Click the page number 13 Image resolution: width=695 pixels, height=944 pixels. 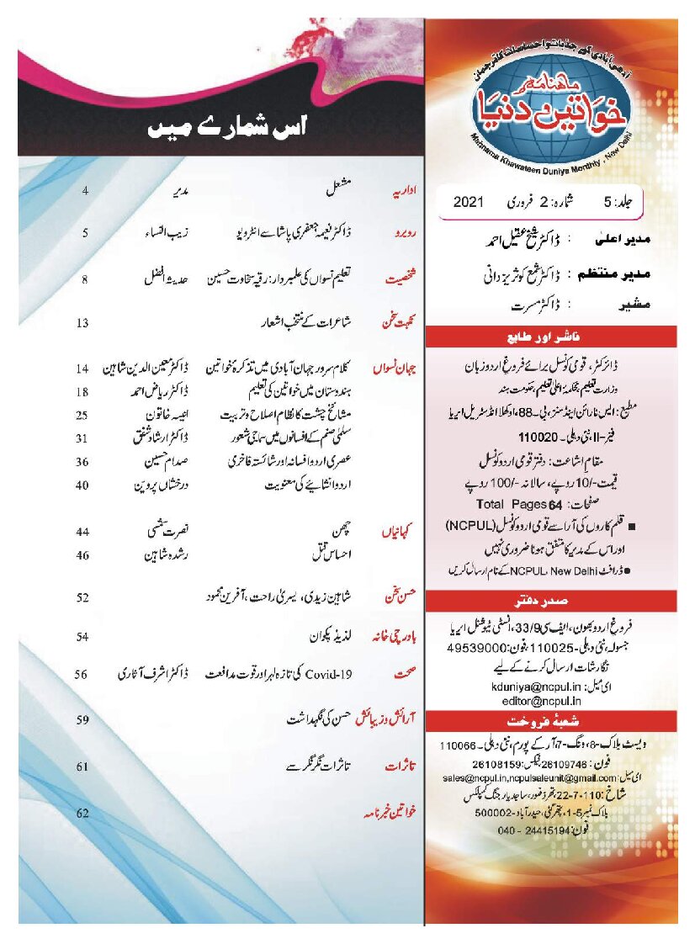click(82, 321)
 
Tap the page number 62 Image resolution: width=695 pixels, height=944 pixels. click(82, 813)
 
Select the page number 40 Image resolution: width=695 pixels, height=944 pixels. click(82, 485)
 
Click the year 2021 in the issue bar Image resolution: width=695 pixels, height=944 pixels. click(470, 202)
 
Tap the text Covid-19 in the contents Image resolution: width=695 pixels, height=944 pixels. click(340, 673)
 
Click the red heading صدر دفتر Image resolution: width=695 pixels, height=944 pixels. click(558, 601)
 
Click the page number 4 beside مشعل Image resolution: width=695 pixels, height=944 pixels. click(86, 192)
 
